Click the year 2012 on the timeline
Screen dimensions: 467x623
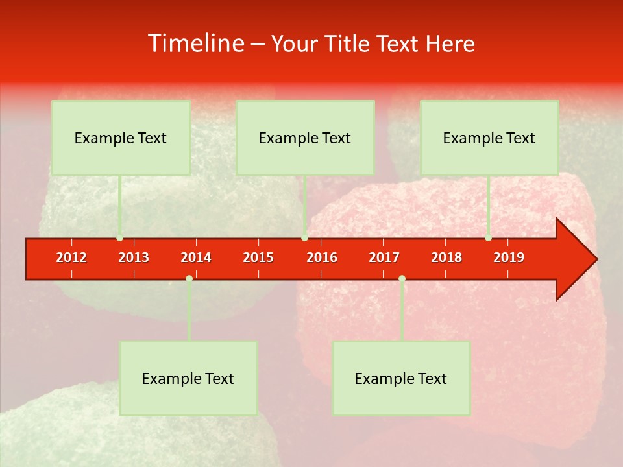[71, 257]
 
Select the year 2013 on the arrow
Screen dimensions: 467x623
[134, 257]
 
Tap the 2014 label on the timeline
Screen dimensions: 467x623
[196, 257]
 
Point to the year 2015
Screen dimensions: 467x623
[258, 257]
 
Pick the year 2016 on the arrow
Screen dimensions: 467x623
[322, 257]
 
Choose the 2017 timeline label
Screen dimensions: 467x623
[384, 257]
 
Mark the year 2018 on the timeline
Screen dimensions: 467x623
[446, 257]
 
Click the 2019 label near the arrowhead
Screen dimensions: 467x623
[509, 257]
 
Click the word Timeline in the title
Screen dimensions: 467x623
[195, 43]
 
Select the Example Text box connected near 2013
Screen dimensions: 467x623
[121, 138]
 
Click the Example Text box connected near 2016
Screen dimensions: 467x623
[305, 138]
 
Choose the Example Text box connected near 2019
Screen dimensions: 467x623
[489, 138]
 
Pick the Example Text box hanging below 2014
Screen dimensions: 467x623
[188, 378]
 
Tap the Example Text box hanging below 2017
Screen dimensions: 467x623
[401, 378]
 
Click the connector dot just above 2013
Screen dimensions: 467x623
[119, 238]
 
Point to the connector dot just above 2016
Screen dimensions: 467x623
[304, 238]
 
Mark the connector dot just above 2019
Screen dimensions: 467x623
[488, 238]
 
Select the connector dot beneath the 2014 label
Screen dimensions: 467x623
[189, 278]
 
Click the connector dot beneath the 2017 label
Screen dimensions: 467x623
[402, 278]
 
